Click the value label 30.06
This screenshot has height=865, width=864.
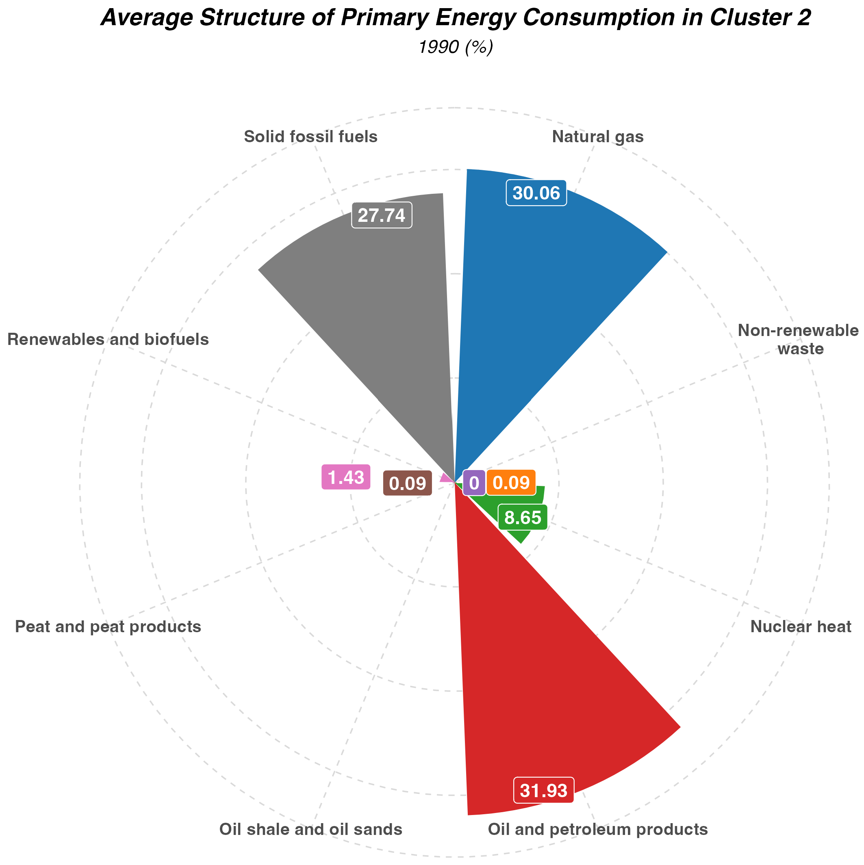[x=536, y=193]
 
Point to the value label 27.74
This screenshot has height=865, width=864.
[x=382, y=215]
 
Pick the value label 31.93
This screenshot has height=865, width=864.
[x=544, y=789]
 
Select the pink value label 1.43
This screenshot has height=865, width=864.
[x=346, y=477]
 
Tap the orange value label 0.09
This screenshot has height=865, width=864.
[x=511, y=483]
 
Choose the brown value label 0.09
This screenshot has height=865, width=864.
[x=407, y=483]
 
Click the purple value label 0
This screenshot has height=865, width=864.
[x=474, y=483]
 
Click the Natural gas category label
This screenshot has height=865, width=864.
[x=597, y=137]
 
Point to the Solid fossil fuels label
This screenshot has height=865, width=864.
[x=310, y=137]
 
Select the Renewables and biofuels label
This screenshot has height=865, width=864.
[x=109, y=340]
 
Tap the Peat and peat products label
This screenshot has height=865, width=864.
[x=108, y=627]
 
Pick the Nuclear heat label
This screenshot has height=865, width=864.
[x=800, y=627]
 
